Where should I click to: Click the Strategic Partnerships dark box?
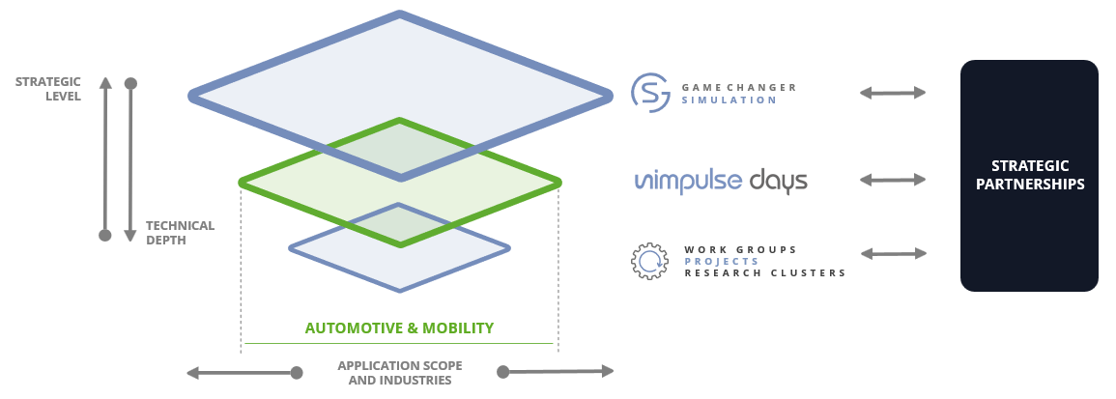pos(1029,176)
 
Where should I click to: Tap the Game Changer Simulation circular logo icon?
pos(650,93)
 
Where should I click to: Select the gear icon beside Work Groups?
pos(650,261)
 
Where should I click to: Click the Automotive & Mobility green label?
pos(399,328)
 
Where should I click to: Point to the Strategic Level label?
pos(48,88)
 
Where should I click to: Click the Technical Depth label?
pos(180,233)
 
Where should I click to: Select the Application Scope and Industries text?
pos(399,373)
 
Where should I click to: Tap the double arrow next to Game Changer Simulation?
pos(893,93)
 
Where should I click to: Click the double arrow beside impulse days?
pos(893,180)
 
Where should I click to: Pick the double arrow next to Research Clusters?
pos(893,254)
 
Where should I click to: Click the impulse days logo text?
pos(721,181)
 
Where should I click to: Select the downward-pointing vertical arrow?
pos(131,159)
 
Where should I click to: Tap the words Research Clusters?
pos(765,273)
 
